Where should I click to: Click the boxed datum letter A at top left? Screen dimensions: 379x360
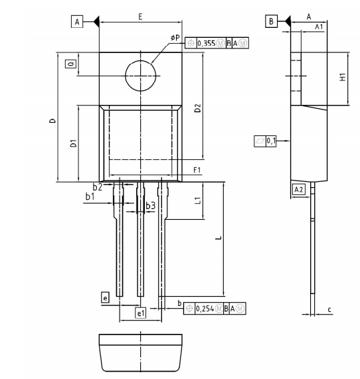[77, 22]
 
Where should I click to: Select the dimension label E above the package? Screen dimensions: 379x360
[140, 16]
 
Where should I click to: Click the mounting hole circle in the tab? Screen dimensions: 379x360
[140, 74]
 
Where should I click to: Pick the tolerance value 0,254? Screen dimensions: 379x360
[209, 308]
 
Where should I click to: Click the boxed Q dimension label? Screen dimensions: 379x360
[70, 64]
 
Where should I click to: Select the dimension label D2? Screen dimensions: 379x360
[197, 109]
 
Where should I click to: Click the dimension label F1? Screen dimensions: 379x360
[197, 171]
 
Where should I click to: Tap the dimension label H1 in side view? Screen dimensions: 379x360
[342, 76]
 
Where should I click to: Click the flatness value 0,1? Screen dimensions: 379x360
[271, 141]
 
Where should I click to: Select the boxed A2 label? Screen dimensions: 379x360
[298, 189]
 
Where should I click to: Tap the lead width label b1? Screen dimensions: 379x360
[90, 196]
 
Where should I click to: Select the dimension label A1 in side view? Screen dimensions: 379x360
[319, 27]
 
